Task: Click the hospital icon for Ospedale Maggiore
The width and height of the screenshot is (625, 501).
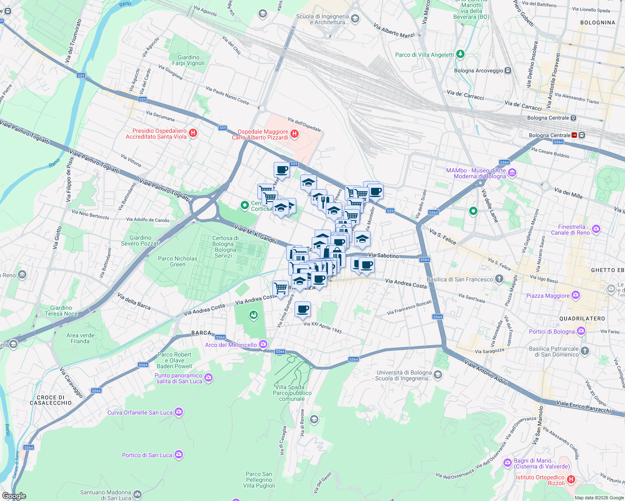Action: point(295,134)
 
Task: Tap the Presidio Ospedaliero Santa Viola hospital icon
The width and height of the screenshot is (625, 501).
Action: point(193,133)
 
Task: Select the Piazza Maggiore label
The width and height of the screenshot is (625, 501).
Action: point(548,296)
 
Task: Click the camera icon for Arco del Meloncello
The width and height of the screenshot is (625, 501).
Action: point(263,344)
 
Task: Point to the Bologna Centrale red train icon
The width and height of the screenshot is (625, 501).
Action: point(574,135)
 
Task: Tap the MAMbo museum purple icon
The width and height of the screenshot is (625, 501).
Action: point(513,172)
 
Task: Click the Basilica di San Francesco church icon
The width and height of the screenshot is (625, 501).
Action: point(499,279)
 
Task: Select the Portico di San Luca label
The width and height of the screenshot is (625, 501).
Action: point(147,455)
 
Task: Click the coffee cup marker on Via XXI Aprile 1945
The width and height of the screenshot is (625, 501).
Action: point(302,309)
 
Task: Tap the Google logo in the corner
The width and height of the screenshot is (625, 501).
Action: point(14,496)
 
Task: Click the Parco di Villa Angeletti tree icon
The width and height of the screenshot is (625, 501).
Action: point(460,54)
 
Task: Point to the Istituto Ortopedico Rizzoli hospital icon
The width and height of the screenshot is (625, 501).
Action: point(571,480)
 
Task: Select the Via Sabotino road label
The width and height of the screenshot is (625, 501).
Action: point(383,256)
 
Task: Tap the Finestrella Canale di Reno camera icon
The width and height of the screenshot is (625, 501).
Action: point(596,229)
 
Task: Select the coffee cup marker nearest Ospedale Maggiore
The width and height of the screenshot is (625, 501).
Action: point(282,170)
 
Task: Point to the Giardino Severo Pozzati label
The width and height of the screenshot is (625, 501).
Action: point(140,240)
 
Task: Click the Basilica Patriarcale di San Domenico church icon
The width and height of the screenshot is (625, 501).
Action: point(585,351)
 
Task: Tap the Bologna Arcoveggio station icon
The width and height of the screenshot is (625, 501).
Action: point(508,71)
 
